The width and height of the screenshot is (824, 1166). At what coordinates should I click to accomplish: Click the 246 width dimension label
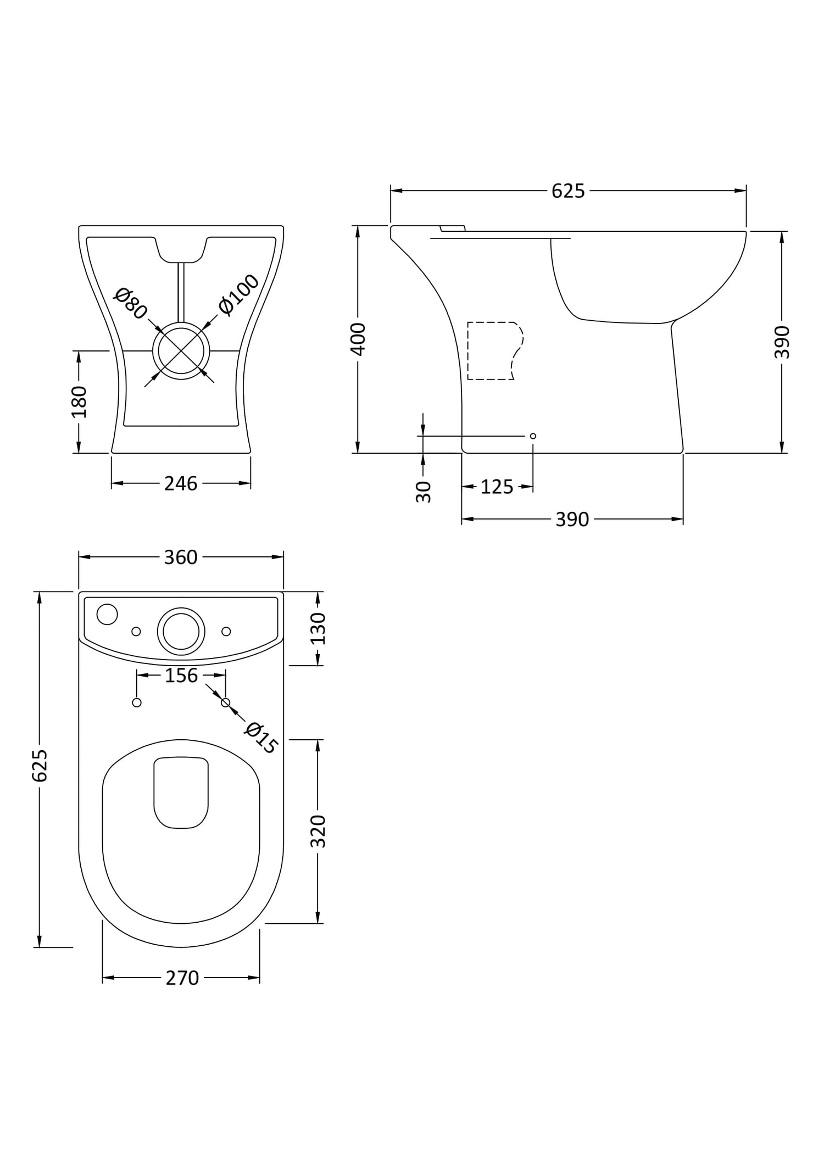click(x=181, y=483)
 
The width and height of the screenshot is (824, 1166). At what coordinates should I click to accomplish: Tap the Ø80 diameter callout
click(x=131, y=303)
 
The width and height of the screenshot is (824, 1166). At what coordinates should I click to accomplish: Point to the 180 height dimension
click(x=79, y=402)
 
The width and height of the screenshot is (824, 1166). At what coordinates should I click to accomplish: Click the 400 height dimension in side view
click(x=358, y=339)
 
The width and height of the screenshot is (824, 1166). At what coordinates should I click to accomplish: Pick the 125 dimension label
click(x=497, y=487)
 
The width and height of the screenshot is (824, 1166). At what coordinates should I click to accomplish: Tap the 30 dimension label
click(x=424, y=492)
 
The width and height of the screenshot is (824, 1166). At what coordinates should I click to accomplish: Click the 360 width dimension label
click(x=181, y=557)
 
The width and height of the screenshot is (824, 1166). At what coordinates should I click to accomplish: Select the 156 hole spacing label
click(x=181, y=676)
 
